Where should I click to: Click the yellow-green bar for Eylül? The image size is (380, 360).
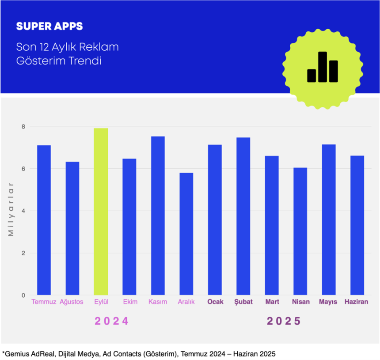point(101,212)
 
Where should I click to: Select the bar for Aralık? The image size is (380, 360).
point(186,234)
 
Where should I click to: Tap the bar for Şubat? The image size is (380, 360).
point(243,216)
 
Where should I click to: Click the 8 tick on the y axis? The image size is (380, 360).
point(24,127)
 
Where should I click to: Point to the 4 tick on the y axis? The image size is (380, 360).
point(24,211)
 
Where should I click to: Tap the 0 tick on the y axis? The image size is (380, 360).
point(24,296)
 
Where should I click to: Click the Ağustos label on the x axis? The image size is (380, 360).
point(72,302)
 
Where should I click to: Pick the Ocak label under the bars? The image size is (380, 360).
point(215,302)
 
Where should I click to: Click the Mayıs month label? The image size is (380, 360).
point(328,302)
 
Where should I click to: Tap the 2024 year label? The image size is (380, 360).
point(112,321)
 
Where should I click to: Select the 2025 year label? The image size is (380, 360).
point(284,321)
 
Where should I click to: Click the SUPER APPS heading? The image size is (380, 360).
point(49,27)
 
